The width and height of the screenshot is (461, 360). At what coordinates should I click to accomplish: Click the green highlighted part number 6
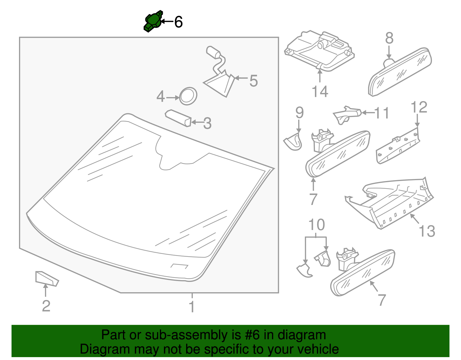coord(153,21)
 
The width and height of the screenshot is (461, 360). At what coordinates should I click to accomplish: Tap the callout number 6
coord(178,22)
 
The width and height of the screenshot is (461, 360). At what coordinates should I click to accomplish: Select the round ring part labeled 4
coord(188,96)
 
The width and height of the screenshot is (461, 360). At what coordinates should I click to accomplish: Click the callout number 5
coord(254,81)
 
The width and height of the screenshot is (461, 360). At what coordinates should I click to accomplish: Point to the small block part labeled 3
coord(178,118)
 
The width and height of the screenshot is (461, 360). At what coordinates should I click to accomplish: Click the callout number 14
coord(320,91)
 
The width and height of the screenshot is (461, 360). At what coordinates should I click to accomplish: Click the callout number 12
coord(419,107)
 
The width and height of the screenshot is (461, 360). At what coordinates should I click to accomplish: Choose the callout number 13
coord(427,231)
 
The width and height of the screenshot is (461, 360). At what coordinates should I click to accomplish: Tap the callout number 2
coord(46,306)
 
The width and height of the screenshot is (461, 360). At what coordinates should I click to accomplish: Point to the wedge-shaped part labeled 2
coord(47,278)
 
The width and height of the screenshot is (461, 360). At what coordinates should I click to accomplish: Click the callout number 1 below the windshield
coord(192,306)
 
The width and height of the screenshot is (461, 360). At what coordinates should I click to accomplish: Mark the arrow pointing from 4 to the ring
coord(173,98)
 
